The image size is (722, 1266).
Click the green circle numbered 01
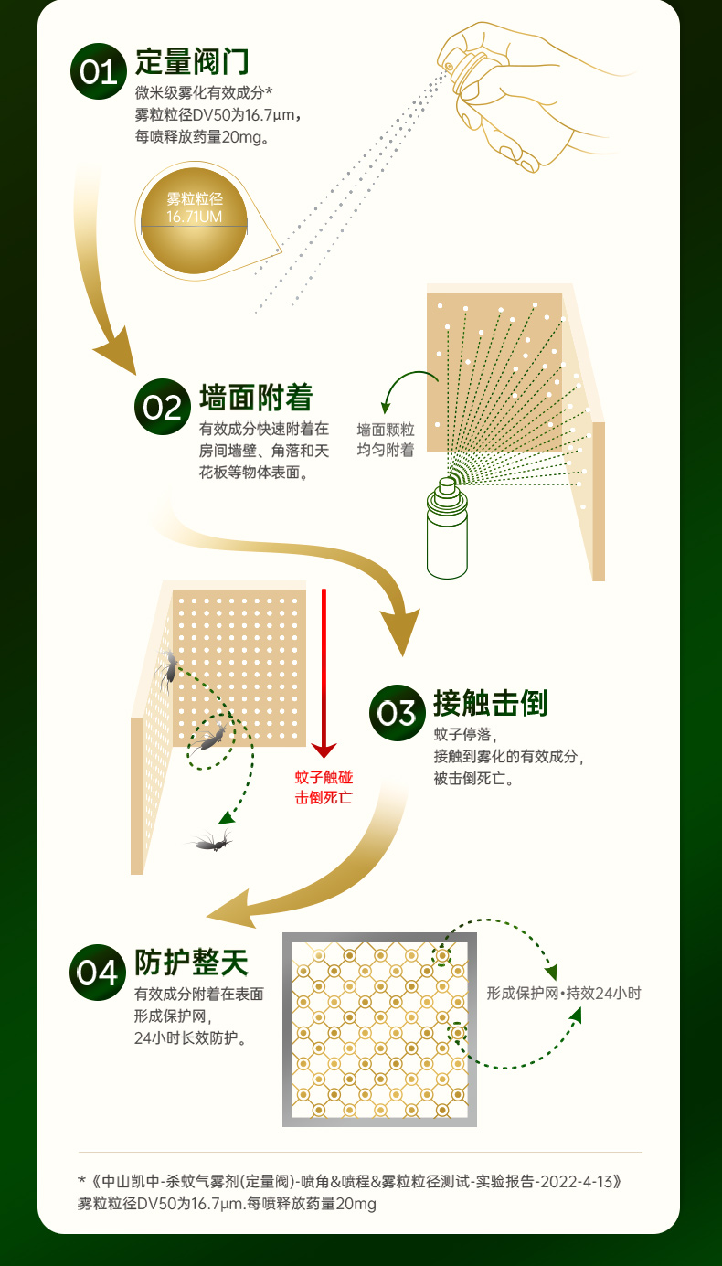tap(98, 70)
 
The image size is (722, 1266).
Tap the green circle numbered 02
tap(162, 407)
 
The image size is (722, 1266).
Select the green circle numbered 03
tap(397, 712)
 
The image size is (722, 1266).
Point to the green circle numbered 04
tap(98, 972)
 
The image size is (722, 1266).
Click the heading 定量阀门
tap(192, 62)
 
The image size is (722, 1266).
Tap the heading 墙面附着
tap(256, 398)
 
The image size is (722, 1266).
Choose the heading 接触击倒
tap(490, 703)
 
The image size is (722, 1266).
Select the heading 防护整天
tap(192, 962)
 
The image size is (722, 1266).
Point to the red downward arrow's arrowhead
tap(324, 750)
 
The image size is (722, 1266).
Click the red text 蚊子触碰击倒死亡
tap(324, 787)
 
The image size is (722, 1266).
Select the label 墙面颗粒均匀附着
tap(386, 439)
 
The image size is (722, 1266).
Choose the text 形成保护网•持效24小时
tap(564, 993)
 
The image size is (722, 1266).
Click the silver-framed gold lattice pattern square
tap(379, 1029)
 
